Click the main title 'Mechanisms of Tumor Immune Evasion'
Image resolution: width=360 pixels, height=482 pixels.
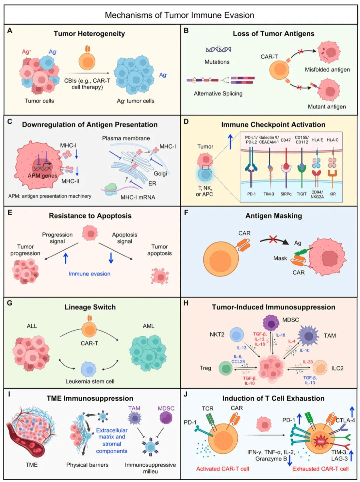179,15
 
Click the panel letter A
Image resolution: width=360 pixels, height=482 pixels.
10,31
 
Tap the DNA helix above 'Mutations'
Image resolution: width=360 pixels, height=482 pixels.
218,50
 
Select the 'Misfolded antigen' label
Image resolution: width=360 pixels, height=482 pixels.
327,70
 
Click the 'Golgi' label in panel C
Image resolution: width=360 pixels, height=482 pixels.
160,173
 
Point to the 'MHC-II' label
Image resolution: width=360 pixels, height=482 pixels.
70,181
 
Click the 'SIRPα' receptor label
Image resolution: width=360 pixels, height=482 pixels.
286,194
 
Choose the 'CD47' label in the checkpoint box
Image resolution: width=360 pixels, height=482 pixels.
286,140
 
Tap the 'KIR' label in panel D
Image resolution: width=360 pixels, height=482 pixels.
332,194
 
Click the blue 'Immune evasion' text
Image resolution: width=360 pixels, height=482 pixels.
89,274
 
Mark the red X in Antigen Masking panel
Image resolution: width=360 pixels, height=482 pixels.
273,239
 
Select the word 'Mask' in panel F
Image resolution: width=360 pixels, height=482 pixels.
280,258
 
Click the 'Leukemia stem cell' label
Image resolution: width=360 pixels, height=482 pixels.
90,381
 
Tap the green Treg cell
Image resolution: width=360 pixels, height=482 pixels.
226,369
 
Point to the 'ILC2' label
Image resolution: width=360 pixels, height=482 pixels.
337,368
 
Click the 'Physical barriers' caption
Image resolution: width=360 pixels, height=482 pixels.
87,465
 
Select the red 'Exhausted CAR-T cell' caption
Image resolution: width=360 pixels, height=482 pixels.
320,469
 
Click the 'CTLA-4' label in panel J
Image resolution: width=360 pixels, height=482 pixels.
345,420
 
